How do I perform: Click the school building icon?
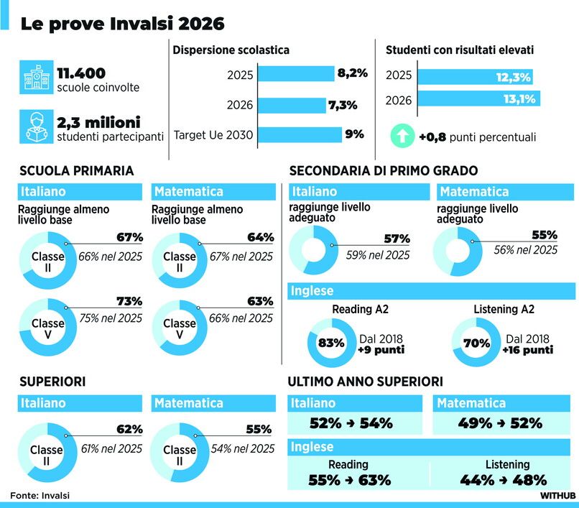tap(36, 77)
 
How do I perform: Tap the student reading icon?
tap(36, 126)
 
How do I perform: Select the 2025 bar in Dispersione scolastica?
tap(296, 73)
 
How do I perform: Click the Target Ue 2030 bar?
tap(300, 134)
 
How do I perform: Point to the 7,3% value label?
tap(343, 106)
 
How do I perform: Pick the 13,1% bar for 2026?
tap(479, 98)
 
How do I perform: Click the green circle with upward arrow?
tap(402, 136)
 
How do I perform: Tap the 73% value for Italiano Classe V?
tap(129, 301)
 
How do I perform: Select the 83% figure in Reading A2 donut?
tap(331, 343)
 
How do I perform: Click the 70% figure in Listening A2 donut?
tap(477, 343)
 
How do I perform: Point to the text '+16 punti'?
tap(528, 349)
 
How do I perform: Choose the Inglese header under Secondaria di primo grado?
tap(431, 291)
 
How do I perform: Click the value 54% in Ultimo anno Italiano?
tap(376, 423)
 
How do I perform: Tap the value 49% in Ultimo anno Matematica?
tap(475, 423)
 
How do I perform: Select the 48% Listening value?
tap(529, 480)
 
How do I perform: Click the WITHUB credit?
tap(557, 496)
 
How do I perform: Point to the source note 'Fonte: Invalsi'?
tap(40, 496)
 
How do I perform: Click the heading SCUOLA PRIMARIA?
tap(76, 171)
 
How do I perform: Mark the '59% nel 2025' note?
tap(378, 255)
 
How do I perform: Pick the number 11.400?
tap(81, 73)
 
